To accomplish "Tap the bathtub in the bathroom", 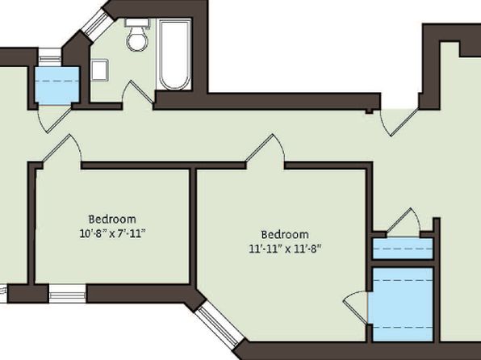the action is point(174,54).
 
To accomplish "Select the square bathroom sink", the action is point(100,70).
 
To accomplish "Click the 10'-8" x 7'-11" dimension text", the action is point(112,234).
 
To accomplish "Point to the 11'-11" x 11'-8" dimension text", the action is point(285,249).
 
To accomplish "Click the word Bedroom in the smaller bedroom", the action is point(112,220).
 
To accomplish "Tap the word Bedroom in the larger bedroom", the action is point(285,234).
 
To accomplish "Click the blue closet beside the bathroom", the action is point(57,86).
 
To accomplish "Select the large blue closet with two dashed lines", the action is point(402,304).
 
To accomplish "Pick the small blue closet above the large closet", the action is point(403,249).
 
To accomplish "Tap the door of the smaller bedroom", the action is point(62,149).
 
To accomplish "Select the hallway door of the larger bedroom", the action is point(265,149).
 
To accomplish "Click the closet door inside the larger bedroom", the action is point(355,308).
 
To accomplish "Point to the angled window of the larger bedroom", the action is point(220,324).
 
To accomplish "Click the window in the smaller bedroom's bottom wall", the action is point(68,293).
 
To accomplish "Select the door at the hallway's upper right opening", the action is point(399,122).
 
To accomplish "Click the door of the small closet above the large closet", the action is point(403,223).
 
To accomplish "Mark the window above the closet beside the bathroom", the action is point(50,57).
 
